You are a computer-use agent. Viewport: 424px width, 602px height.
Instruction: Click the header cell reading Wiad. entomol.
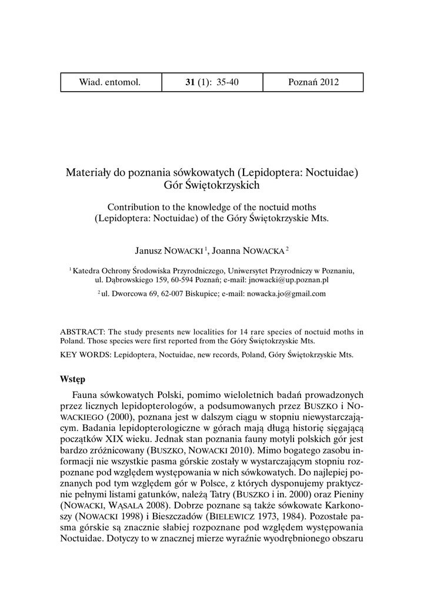click(x=110, y=82)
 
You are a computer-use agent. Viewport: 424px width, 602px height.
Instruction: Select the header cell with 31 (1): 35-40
click(x=212, y=82)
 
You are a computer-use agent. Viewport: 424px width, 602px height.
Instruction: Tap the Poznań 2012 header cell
click(x=313, y=82)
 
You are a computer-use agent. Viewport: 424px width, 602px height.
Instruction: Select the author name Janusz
click(x=151, y=251)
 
